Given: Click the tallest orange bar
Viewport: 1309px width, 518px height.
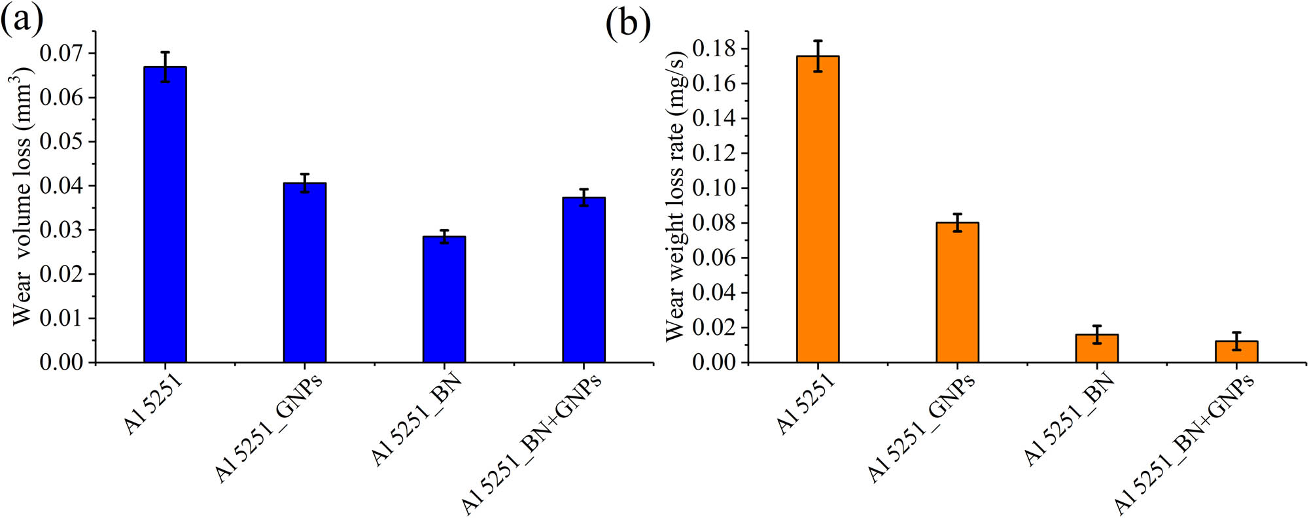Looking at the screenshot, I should tap(818, 209).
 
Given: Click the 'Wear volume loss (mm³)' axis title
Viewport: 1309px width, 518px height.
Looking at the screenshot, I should tap(22, 196).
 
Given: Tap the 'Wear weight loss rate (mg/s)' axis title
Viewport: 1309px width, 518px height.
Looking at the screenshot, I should tap(675, 196).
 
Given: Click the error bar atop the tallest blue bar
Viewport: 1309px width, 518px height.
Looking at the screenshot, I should tap(165, 66).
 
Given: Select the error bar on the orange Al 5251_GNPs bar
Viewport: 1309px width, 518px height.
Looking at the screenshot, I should tap(957, 222).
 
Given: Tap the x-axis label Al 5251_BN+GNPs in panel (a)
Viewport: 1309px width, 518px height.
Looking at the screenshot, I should tap(531, 445).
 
